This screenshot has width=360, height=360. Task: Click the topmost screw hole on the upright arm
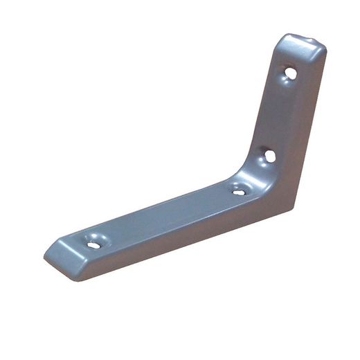point(291,72)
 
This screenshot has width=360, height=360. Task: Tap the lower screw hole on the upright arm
point(269,156)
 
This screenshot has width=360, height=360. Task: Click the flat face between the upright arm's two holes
point(278,114)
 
